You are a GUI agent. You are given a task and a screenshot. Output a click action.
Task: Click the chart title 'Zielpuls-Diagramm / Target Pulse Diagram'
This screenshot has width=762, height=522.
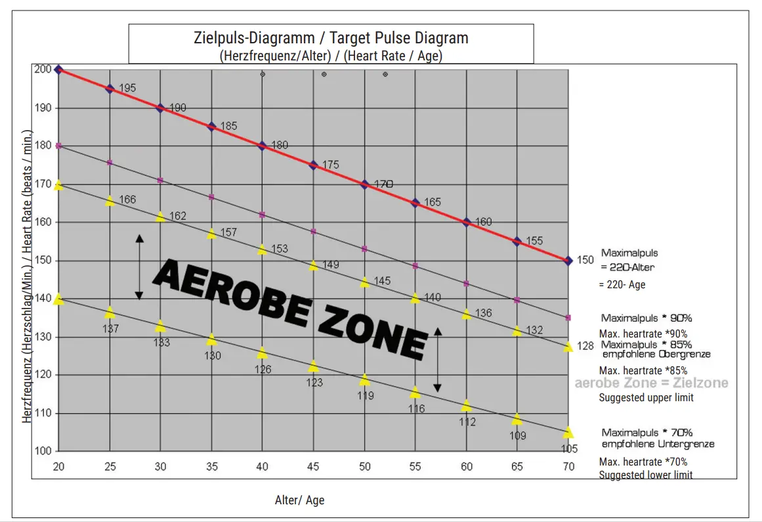coord(331,37)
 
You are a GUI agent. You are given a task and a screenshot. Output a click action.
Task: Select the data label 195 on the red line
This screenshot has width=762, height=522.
coord(127,88)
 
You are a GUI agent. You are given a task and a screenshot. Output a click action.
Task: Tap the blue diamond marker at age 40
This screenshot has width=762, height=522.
coord(262,146)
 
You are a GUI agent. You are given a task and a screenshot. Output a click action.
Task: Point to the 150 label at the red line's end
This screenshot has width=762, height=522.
coord(585,260)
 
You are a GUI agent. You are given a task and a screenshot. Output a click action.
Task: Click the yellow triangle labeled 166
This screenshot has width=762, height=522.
coord(110,201)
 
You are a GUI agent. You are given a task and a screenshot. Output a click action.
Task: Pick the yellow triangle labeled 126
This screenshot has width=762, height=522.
coord(262,353)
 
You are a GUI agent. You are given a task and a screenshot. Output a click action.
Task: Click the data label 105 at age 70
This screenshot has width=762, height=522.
coord(569,449)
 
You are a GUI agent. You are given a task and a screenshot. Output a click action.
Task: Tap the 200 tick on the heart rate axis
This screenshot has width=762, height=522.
coord(43,69)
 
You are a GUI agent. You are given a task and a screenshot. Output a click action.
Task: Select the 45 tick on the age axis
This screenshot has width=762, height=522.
coord(314,466)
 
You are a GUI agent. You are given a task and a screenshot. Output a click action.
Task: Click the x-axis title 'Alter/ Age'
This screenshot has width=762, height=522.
coord(299,500)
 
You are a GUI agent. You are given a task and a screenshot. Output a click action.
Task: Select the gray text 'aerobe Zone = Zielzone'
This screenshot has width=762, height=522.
coord(651,383)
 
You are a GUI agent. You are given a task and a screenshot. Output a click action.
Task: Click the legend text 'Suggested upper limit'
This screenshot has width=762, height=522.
coord(646,397)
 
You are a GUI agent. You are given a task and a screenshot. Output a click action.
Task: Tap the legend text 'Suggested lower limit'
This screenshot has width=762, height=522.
coord(645,475)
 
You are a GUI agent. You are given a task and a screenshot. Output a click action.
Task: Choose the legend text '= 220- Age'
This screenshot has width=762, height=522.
coord(622,285)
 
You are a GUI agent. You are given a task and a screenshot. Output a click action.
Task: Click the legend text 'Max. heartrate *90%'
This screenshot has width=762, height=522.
coord(643,334)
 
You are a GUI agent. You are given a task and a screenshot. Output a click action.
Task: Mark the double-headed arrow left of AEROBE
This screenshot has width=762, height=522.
coord(139,267)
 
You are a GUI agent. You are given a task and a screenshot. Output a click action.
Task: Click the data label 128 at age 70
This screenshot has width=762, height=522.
coord(585,346)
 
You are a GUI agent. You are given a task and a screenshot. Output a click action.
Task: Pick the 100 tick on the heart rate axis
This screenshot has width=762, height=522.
coord(43,451)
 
